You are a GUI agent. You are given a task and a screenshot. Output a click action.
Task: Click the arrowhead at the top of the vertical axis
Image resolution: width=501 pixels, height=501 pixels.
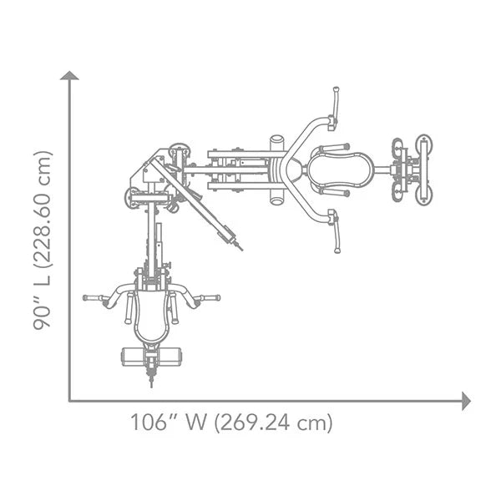[x=69, y=75]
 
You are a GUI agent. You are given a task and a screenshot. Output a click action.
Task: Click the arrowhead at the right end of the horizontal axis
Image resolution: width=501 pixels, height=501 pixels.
[x=466, y=401]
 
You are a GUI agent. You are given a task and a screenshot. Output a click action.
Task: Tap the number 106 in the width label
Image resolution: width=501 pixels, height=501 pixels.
[x=150, y=423]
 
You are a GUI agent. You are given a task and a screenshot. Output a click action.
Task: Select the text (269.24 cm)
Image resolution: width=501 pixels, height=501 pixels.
[x=274, y=423]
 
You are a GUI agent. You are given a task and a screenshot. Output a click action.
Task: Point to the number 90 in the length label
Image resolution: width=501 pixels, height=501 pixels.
[x=43, y=316]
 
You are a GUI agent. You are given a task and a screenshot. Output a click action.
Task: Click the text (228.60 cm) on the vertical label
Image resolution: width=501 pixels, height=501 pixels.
[x=43, y=210]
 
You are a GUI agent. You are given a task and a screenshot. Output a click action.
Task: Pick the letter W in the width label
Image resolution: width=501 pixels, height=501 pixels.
[x=195, y=423]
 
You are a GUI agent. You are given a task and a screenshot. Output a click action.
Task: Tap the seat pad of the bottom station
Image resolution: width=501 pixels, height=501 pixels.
[x=151, y=316]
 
